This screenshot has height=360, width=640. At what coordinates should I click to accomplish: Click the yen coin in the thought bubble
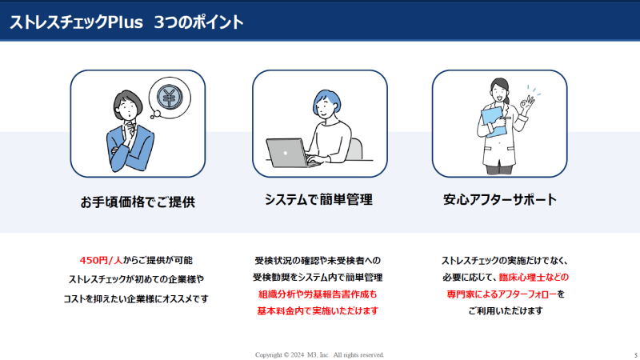pos(170,97)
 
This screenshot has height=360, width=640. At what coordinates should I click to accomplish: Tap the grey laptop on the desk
pos(289,153)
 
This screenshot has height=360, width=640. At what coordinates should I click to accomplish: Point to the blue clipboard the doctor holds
pos(493,121)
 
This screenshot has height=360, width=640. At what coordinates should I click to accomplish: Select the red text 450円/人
pos(102,261)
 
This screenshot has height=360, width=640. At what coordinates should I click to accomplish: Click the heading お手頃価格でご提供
pos(138,202)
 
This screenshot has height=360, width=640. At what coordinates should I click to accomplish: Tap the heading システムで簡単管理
pos(318,199)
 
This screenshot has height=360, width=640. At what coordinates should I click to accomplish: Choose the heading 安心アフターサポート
pos(499,199)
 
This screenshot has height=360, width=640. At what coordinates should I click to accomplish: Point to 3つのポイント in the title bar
pos(198,22)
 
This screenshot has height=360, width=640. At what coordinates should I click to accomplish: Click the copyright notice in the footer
pos(319,354)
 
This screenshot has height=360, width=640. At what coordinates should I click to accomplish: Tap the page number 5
pos(636,355)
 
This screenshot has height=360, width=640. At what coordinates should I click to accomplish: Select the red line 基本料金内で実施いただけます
pos(318,311)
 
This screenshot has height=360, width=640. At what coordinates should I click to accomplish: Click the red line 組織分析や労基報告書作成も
pos(318,294)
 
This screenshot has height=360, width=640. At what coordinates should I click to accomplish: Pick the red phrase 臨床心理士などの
pos(534,278)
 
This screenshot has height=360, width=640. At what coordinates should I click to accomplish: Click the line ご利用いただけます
pos(506,311)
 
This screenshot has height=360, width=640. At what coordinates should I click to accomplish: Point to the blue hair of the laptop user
pos(326,101)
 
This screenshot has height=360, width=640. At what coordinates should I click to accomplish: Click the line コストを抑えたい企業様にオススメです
pos(136,298)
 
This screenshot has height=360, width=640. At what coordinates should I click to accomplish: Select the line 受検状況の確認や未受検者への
pos(318,261)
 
